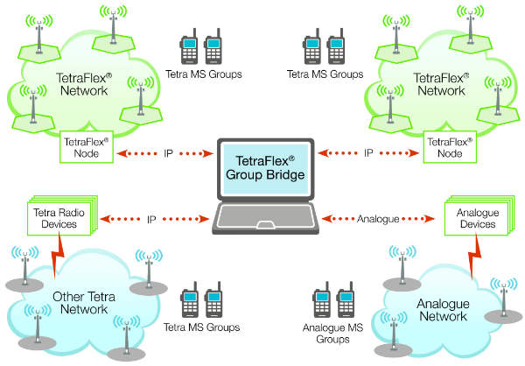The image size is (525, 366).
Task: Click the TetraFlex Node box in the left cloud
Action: coord(86,147)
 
